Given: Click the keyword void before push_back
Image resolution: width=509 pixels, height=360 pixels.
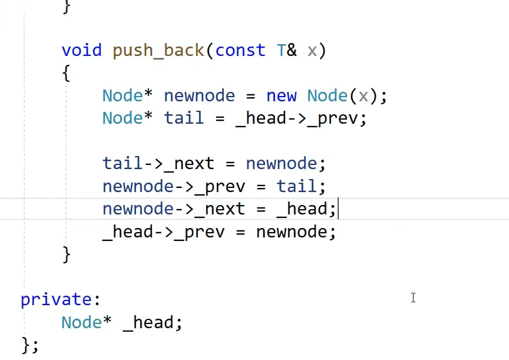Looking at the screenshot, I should click(x=81, y=51).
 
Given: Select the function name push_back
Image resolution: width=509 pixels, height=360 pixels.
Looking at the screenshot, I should click(x=158, y=51).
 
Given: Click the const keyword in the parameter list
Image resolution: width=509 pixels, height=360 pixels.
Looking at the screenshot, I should click(x=240, y=51).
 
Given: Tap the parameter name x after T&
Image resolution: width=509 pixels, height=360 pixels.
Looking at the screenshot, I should click(x=312, y=51).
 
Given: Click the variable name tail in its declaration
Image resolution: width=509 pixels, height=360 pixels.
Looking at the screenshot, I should click(x=184, y=118).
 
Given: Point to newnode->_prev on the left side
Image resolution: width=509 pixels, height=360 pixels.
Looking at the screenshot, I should click(x=173, y=187).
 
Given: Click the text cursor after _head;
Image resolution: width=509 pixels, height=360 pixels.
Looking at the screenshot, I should click(x=338, y=209).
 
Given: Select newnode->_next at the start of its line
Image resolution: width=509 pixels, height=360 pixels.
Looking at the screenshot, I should click(x=173, y=209).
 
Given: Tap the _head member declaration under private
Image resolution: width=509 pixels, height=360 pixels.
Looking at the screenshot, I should click(x=153, y=323).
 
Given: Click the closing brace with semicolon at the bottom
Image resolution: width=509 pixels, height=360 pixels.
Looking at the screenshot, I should click(x=29, y=345).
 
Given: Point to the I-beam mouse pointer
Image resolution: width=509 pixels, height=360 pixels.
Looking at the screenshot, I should click(x=413, y=298).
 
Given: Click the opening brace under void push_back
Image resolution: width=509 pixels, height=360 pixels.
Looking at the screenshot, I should click(x=66, y=74).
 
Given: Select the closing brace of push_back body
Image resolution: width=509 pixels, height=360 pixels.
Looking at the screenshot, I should click(x=66, y=254).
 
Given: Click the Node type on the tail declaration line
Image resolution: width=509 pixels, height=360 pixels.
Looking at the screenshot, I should click(x=122, y=118).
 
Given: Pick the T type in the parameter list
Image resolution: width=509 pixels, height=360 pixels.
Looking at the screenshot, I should click(x=281, y=51).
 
